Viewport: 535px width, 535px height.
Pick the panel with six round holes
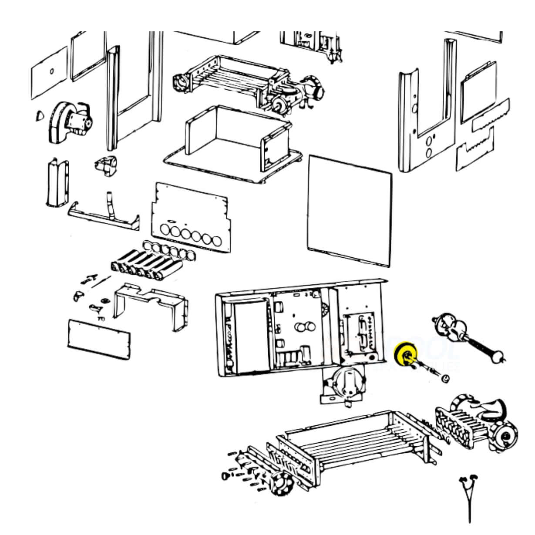point(190,218)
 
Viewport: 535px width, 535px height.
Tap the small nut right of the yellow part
point(445,379)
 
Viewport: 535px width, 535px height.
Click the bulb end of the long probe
point(495,357)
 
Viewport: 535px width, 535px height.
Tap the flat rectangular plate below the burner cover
point(99,340)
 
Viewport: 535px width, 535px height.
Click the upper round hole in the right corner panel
point(431,141)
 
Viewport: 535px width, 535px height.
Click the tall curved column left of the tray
point(57,183)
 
